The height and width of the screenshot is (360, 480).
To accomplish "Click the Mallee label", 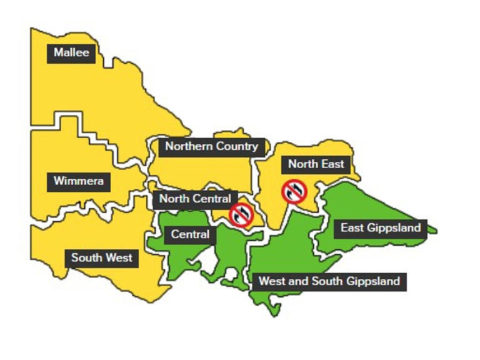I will (71, 52).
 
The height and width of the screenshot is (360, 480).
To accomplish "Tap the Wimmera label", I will (79, 182).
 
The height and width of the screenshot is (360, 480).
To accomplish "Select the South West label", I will (101, 257).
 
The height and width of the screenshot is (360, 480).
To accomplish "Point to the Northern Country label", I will (211, 147).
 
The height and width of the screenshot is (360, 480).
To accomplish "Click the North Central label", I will (195, 199).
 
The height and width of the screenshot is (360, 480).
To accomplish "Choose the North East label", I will (316, 164).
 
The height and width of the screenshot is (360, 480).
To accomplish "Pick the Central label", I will (190, 235).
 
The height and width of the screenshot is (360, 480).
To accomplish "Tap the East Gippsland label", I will (380, 228).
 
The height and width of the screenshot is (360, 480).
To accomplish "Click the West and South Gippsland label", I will (329, 281).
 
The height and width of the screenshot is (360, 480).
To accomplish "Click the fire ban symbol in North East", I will (294, 191).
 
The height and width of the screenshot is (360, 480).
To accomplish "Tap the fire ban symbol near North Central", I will (241, 214).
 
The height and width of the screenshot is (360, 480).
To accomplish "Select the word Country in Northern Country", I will (234, 147).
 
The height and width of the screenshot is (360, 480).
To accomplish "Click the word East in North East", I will (332, 164).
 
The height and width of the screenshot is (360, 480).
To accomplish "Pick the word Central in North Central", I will (212, 199).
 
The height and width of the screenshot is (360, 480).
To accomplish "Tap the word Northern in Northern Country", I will (186, 147).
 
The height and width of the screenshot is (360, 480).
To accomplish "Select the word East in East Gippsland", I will (352, 228).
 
